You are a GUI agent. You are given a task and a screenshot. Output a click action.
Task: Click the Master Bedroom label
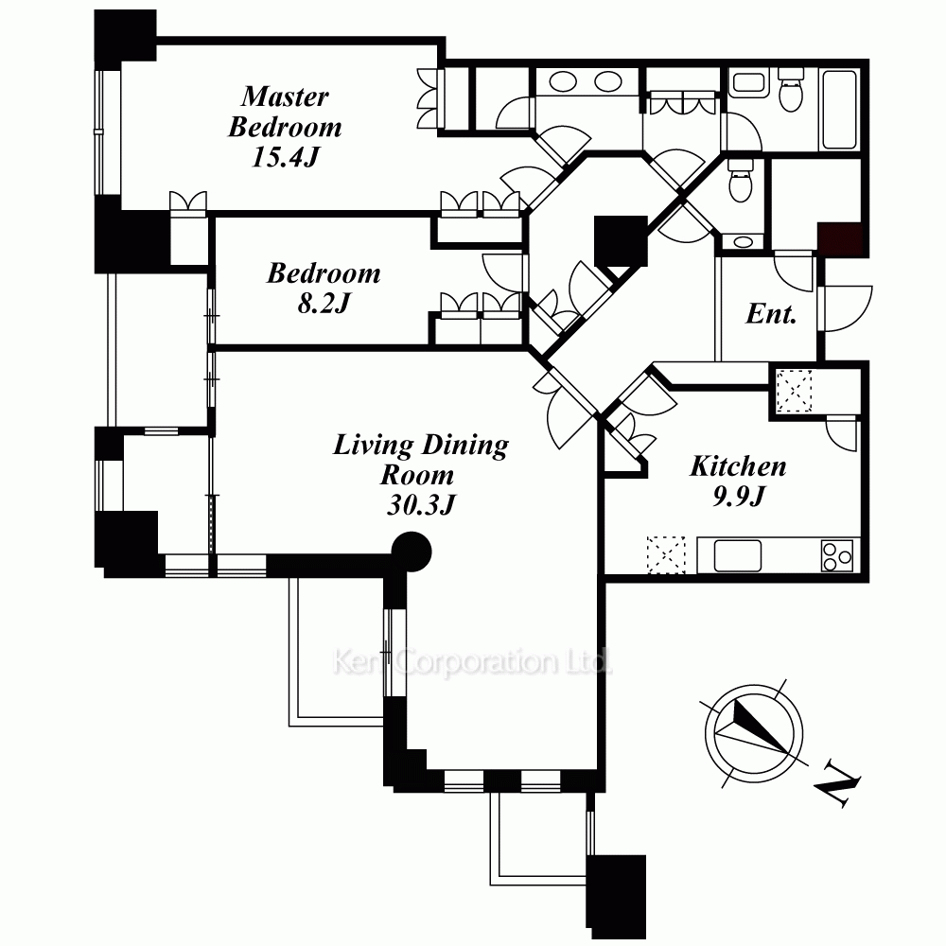(x=285, y=112)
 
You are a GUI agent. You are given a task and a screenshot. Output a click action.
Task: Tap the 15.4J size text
(x=285, y=157)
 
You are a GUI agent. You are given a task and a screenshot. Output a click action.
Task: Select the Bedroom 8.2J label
(x=324, y=288)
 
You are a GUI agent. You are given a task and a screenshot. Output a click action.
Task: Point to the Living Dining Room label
(x=421, y=460)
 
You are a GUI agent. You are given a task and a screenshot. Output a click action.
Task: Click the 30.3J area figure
(x=421, y=504)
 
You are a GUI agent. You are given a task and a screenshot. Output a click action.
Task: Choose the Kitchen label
(x=738, y=465)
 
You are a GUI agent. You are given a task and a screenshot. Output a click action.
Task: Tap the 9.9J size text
(x=739, y=496)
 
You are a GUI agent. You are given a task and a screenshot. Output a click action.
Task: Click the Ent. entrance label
(x=771, y=314)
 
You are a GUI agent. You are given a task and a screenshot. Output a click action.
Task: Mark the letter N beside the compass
(x=837, y=783)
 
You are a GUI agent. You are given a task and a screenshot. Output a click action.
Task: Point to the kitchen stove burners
(x=837, y=555)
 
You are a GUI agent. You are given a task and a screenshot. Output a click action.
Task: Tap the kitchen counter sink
(x=737, y=555)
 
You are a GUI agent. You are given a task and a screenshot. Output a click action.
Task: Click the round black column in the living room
(x=412, y=552)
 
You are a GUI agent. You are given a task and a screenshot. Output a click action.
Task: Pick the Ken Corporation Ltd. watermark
(x=472, y=662)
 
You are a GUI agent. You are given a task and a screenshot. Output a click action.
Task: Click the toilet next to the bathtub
(x=790, y=90)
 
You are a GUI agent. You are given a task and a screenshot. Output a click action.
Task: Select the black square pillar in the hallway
(x=621, y=240)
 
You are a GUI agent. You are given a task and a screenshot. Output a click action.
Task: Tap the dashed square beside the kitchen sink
(x=667, y=554)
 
